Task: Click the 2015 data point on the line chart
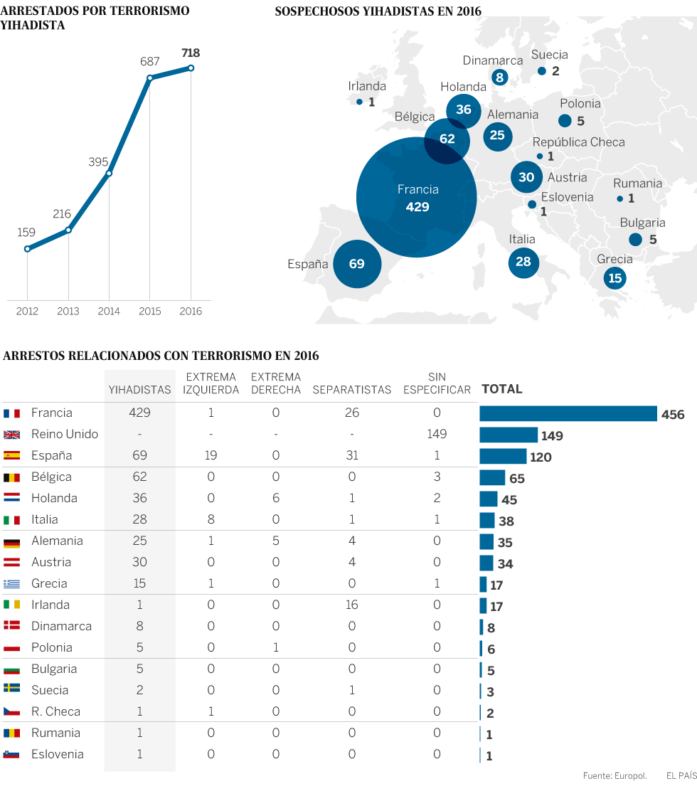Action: (150, 78)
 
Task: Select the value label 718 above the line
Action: (191, 53)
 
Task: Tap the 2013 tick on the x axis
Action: (68, 311)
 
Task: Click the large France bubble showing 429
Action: (417, 197)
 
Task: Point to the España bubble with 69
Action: (357, 264)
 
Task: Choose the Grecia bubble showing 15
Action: (615, 277)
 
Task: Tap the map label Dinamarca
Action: (493, 60)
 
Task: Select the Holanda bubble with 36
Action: (464, 110)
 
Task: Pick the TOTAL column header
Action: (502, 389)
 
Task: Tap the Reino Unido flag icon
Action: (11, 434)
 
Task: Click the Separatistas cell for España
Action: (352, 455)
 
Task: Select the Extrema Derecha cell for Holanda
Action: (276, 498)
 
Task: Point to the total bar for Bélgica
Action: (492, 477)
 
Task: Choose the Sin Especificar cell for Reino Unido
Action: (437, 434)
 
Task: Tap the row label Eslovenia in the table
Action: (58, 754)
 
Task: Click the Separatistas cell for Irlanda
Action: (352, 605)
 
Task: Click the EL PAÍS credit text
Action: (681, 776)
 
